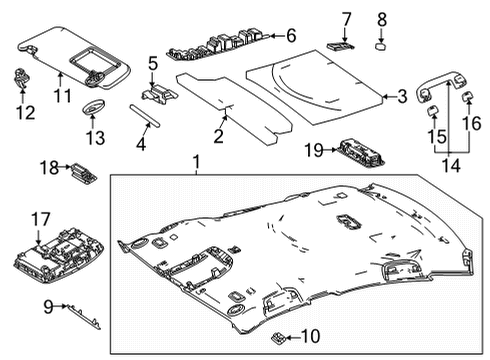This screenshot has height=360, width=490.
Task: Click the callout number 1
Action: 196,161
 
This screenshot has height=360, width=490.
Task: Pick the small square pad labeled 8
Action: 382,45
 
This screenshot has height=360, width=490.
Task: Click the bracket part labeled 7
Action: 341,45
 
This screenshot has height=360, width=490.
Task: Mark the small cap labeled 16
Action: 466,96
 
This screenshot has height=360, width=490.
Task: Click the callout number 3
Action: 401,97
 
